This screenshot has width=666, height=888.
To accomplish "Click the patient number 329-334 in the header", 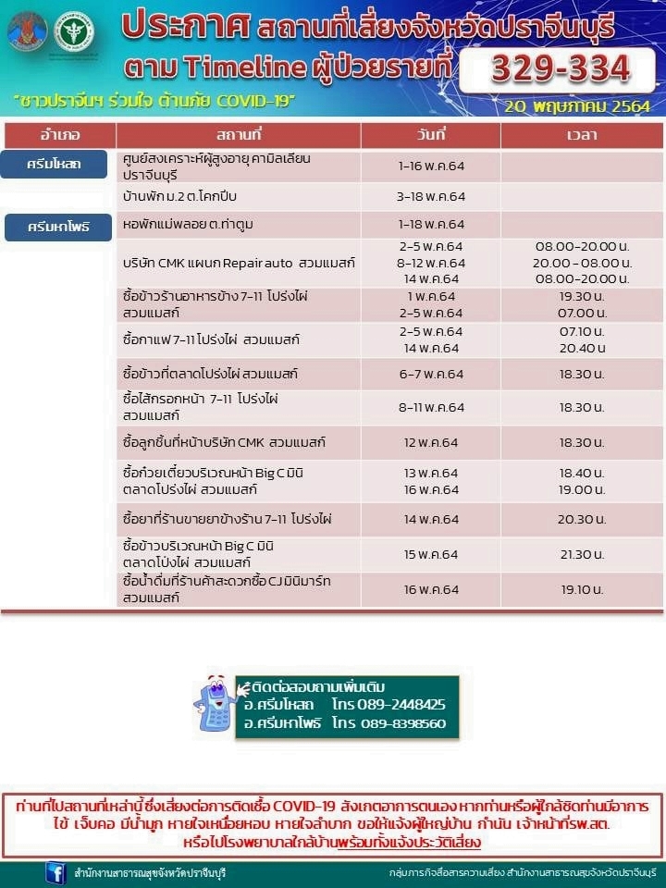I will coord(561,68).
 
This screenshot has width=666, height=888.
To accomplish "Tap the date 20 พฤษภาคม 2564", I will coord(577,105).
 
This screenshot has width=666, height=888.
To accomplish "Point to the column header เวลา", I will coord(582,135).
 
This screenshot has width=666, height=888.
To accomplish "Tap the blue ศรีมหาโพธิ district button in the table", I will coord(58,227).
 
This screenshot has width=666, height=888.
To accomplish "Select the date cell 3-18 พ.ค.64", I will coord(430,197).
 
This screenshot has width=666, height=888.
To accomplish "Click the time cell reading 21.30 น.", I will coord(582,554).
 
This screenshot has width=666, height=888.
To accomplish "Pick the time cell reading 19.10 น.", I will coord(582,589).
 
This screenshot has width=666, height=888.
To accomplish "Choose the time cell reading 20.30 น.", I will coord(582,520).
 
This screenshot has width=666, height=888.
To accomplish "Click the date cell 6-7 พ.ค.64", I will coord(430,374).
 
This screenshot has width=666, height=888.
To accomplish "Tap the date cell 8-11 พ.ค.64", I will coord(430,407).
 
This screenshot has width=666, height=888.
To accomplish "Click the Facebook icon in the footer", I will coord(55,872).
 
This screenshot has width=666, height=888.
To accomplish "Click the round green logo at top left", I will coord(73,32).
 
